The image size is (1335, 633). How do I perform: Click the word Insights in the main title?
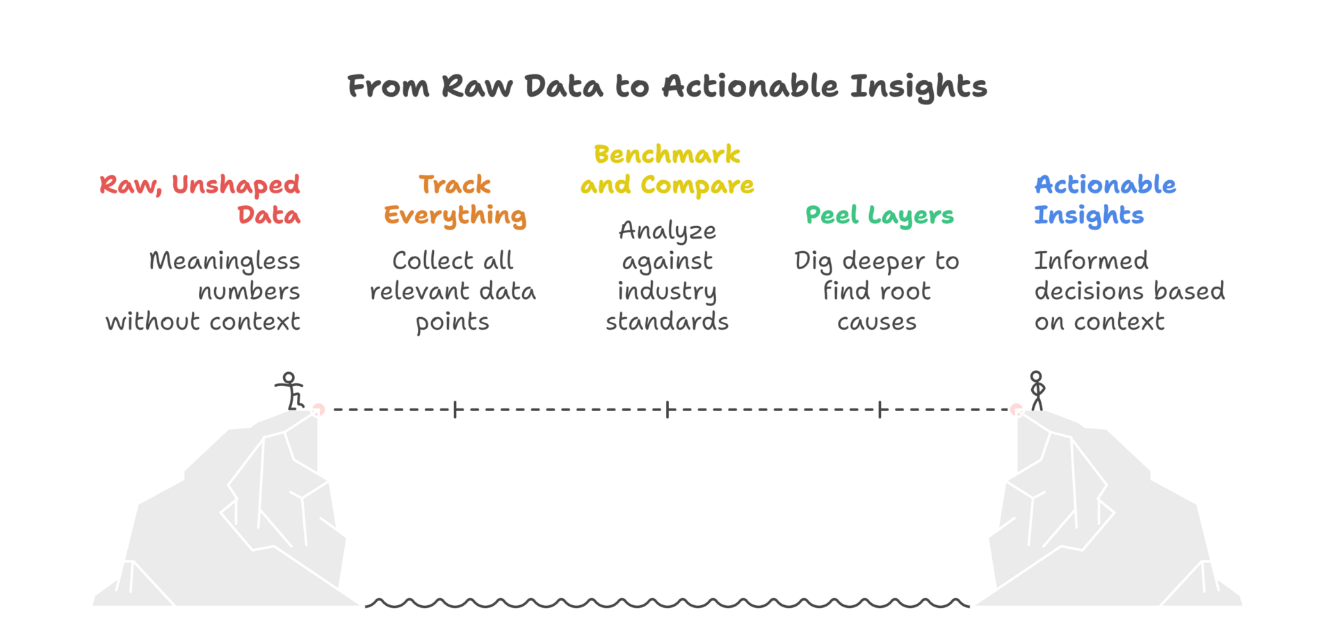918,87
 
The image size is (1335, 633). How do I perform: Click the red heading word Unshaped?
236,186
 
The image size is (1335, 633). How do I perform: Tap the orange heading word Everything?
455,216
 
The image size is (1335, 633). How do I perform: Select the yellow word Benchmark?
667,154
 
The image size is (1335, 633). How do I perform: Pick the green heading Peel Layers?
879,216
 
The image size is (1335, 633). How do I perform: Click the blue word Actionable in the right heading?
1105,185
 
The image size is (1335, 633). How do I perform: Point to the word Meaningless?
224,262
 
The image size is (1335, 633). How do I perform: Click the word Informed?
1091,261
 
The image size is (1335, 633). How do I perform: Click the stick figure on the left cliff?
290,391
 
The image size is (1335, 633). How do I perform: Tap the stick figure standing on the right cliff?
1037,391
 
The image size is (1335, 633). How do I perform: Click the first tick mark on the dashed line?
455,410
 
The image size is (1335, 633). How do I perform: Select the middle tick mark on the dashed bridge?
667,410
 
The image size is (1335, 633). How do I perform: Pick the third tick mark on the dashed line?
880,410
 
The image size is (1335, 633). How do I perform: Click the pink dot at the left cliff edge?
318,409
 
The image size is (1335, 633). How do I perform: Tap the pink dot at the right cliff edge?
1016,409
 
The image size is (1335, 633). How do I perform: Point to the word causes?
877,322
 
